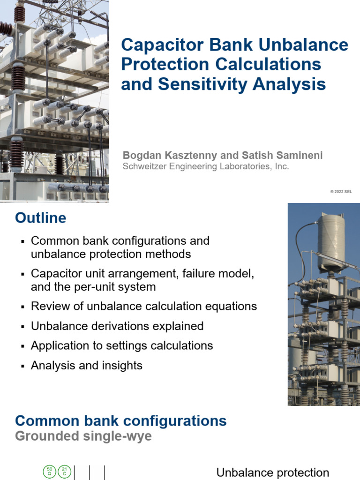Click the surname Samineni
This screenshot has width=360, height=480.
tap(293, 156)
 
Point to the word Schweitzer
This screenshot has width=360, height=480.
tap(144, 166)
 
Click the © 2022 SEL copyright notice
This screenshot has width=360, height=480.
tap(341, 192)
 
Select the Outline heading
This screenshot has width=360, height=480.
tap(41, 218)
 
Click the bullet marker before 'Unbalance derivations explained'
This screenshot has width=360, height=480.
tap(22, 327)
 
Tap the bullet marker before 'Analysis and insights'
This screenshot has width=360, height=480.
tap(22, 366)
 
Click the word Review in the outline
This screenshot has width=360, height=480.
tap(48, 307)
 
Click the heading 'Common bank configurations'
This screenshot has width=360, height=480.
tap(121, 420)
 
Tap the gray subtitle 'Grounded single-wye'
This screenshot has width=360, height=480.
tap(83, 436)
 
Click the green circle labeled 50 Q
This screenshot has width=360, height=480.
tap(49, 472)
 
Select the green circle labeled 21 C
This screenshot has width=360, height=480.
tap(64, 472)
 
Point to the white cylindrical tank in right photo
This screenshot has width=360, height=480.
tap(331, 241)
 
